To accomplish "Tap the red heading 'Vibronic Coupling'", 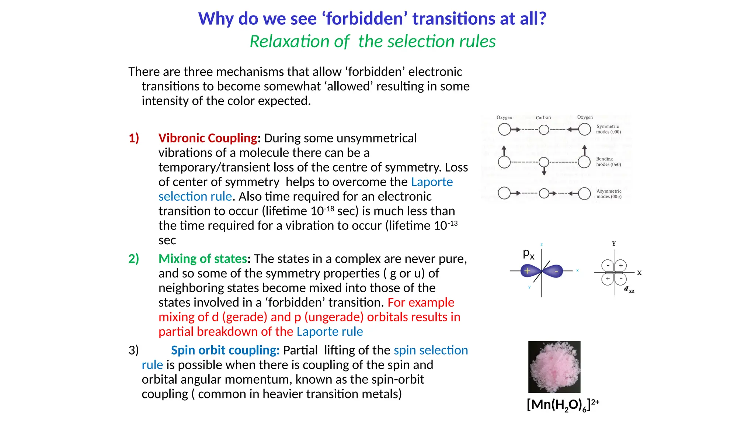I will (208, 138).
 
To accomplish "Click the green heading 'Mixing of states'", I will (202, 259).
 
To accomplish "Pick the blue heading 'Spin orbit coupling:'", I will (225, 350).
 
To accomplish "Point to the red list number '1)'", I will (133, 138).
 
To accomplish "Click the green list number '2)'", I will (133, 259).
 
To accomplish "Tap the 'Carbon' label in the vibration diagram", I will (543, 117).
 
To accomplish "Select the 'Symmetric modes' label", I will (608, 129).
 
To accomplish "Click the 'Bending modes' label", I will (608, 162).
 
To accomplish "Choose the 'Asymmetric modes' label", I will (609, 194).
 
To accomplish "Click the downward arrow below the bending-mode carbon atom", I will (544, 172).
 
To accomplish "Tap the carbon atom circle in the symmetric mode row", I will (544, 130).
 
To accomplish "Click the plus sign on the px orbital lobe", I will (527, 271).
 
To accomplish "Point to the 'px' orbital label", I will (528, 253).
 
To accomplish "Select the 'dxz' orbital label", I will (629, 290).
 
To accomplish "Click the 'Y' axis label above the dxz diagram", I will (614, 243).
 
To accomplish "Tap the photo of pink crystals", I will (554, 367).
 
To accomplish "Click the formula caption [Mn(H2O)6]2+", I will (563, 405).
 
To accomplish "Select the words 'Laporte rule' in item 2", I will (330, 332).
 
